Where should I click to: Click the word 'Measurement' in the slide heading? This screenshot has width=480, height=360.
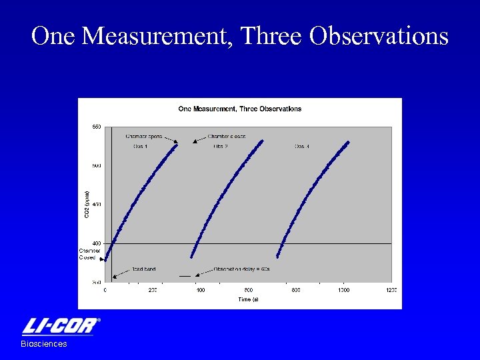pyautogui.click(x=159, y=37)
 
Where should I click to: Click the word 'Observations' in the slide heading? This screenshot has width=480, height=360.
pyautogui.click(x=379, y=37)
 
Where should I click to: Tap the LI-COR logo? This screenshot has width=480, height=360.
pyautogui.click(x=61, y=326)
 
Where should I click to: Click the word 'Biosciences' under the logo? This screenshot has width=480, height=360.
pyautogui.click(x=44, y=344)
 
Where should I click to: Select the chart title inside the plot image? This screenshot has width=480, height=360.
pyautogui.click(x=239, y=109)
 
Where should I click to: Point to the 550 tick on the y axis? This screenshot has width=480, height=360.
pyautogui.click(x=97, y=127)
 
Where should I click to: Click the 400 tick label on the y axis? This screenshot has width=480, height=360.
pyautogui.click(x=97, y=243)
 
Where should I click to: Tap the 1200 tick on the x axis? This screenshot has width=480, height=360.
pyautogui.click(x=391, y=291)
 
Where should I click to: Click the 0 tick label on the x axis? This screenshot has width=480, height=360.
pyautogui.click(x=105, y=291)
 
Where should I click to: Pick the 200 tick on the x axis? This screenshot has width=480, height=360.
pyautogui.click(x=153, y=291)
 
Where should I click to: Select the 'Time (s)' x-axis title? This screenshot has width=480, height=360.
pyautogui.click(x=249, y=300)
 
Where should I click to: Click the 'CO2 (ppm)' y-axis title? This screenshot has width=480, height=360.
pyautogui.click(x=85, y=204)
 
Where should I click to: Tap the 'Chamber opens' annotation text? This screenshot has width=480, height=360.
pyautogui.click(x=143, y=136)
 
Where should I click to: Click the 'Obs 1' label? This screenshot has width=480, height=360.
pyautogui.click(x=141, y=146)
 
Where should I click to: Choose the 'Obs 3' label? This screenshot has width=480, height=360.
pyautogui.click(x=302, y=146)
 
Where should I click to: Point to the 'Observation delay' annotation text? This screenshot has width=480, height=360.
pyautogui.click(x=241, y=269)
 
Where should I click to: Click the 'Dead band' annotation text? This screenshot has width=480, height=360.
pyautogui.click(x=143, y=269)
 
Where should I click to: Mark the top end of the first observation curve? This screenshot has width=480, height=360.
pyautogui.click(x=177, y=145)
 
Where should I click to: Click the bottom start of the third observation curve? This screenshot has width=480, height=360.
pyautogui.click(x=278, y=256)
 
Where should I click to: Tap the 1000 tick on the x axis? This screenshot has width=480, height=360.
pyautogui.click(x=343, y=291)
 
